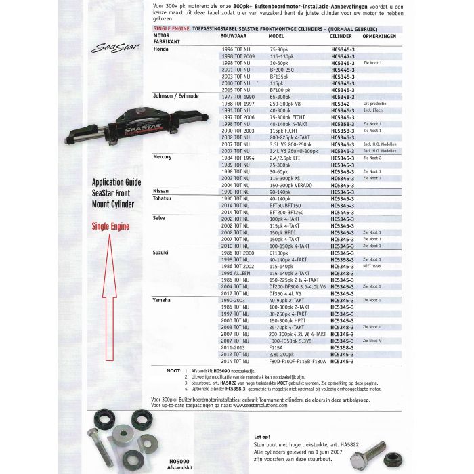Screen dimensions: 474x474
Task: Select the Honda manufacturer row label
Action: click(x=161, y=49)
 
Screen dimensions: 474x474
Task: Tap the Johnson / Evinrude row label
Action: click(x=177, y=97)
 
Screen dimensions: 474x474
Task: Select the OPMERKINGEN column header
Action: click(x=379, y=35)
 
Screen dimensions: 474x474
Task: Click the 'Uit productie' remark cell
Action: click(x=373, y=103)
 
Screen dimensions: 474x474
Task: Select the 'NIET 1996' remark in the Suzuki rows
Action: click(x=372, y=265)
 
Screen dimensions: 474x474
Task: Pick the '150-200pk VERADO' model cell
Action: click(x=292, y=184)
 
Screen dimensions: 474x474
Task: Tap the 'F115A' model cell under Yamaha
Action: click(x=276, y=347)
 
